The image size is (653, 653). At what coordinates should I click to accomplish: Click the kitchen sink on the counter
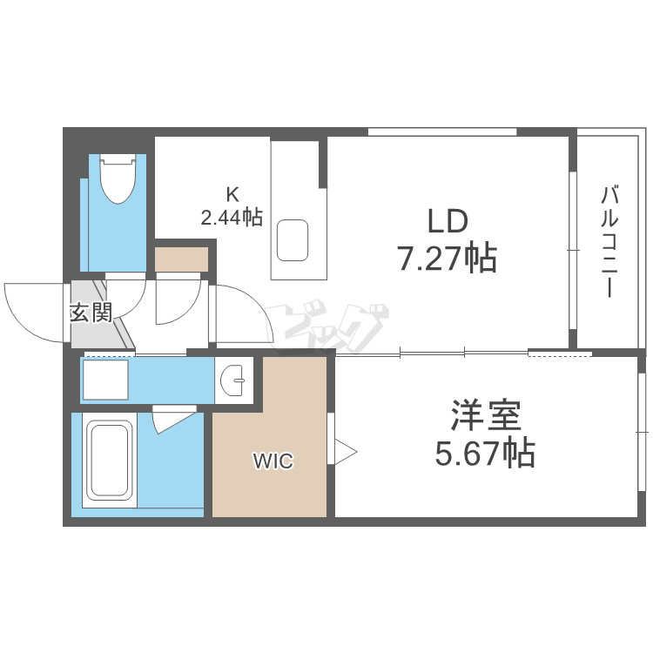(x=293, y=240)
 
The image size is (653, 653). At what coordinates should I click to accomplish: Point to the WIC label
(x=273, y=461)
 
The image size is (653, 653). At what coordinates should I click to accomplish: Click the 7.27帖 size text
(x=447, y=259)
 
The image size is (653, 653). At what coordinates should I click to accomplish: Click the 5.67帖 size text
(x=485, y=454)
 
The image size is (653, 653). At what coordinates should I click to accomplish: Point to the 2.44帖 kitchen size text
(x=232, y=218)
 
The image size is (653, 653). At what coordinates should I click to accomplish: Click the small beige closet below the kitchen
(x=182, y=259)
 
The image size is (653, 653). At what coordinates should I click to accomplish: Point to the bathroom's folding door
(x=173, y=420)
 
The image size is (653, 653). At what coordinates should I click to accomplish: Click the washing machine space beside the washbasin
(x=105, y=380)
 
